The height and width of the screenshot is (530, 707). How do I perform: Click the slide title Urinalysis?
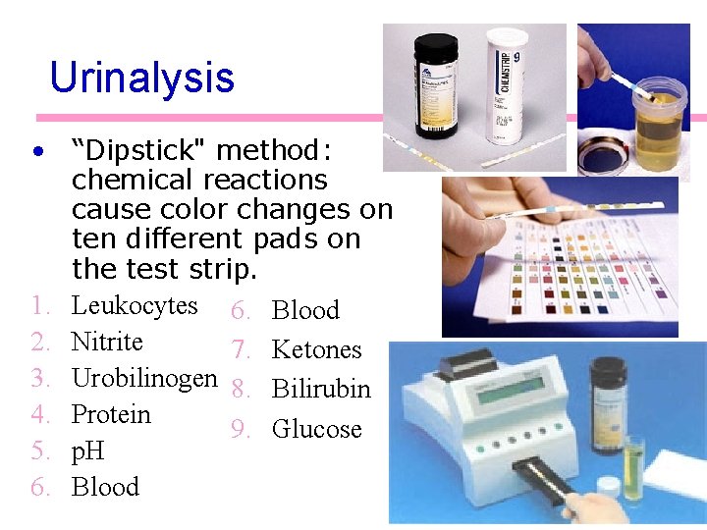(x=141, y=78)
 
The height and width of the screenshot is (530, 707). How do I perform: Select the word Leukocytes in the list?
(x=135, y=305)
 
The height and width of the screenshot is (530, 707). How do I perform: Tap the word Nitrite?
(x=107, y=342)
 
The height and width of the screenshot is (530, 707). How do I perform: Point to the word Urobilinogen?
(x=144, y=378)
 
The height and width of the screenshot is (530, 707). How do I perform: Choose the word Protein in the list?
(x=111, y=414)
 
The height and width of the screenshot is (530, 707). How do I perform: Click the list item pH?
(x=87, y=451)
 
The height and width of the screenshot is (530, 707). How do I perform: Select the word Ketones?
(x=316, y=349)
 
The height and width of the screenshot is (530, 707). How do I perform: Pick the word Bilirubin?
(x=321, y=389)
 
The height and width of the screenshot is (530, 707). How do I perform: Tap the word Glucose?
(x=316, y=429)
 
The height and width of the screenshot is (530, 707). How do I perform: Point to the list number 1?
(x=38, y=306)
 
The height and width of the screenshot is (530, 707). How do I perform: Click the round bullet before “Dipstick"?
(x=36, y=152)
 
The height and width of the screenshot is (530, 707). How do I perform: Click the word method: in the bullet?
(x=274, y=151)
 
